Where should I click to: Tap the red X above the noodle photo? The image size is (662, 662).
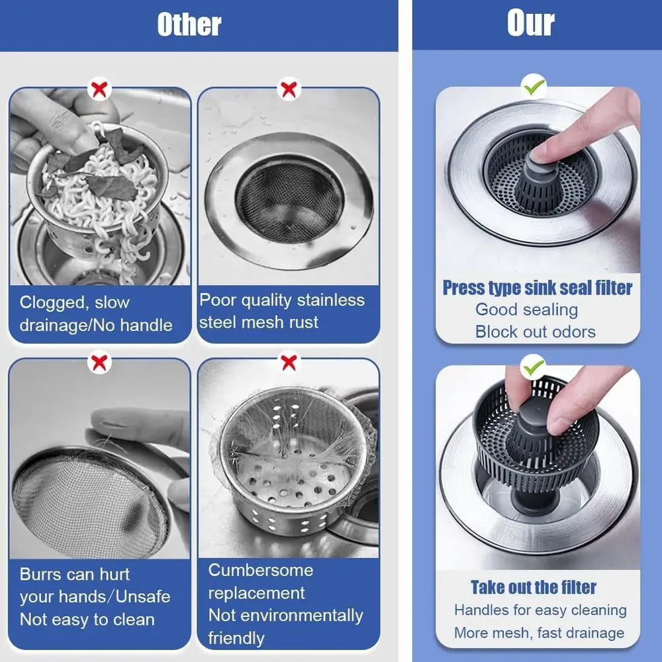(x=99, y=89)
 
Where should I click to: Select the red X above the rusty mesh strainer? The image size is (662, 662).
(x=289, y=89)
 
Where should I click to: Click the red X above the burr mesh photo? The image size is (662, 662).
(x=99, y=362)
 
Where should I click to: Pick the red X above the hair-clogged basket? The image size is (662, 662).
(x=289, y=362)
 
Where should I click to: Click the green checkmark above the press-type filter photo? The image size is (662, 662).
(x=534, y=86)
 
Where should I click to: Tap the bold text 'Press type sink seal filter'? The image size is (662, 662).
(x=537, y=288)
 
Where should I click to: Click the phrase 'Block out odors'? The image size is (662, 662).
(x=535, y=332)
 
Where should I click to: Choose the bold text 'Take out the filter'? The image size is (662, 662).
(x=534, y=587)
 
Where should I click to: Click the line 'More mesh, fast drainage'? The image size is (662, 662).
(x=539, y=633)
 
